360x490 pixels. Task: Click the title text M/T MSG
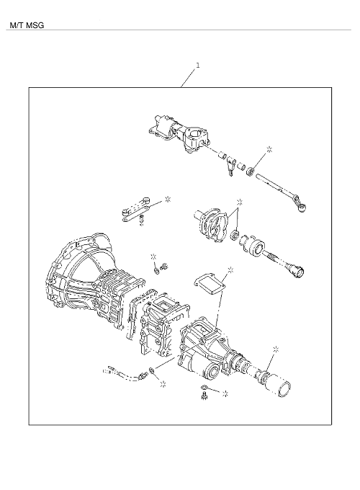27,25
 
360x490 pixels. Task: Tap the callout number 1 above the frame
198,65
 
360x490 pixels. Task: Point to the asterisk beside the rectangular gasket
230,270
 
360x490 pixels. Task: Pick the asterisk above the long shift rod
269,149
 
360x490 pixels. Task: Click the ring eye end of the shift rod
302,208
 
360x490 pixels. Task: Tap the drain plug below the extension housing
204,396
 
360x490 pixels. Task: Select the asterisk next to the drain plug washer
225,393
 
